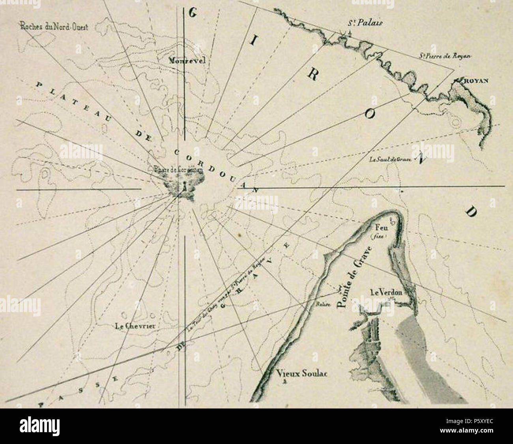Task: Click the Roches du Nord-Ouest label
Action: [x=55, y=27]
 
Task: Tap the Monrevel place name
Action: [x=185, y=61]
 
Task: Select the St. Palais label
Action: [x=365, y=23]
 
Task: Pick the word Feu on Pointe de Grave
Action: [x=380, y=228]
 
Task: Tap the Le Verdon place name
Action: [x=386, y=292]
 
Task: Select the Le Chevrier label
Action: [x=135, y=326]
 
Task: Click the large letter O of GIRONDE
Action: [x=369, y=115]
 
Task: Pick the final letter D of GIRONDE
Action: [x=470, y=212]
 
